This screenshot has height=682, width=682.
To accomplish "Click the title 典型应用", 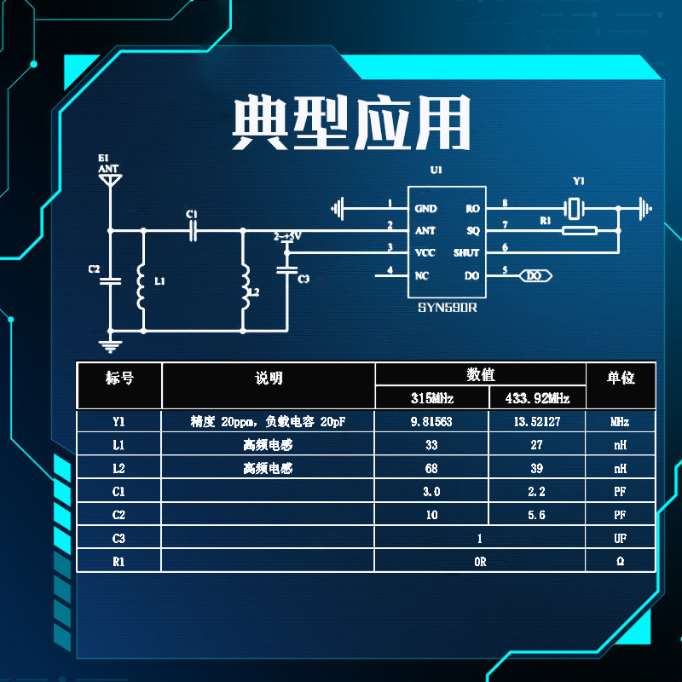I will coord(351,125).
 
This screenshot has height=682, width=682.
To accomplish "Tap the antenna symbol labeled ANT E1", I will coord(109,180).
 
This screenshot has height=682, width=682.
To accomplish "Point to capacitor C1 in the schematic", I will coord(193,229).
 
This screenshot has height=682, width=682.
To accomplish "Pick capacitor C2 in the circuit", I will coord(109,280).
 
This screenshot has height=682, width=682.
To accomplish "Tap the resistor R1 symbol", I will coord(579,229).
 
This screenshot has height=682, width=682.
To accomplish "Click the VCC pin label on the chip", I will coord(425,253).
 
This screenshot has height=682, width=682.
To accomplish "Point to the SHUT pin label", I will coord(466,253).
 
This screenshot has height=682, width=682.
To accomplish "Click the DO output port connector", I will coord(535,275).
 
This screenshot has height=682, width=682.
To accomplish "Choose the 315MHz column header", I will coord(432,398).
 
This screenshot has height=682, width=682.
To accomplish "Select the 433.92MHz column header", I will coord(537,398).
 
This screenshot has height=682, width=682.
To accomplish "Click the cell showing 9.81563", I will coord(432,422).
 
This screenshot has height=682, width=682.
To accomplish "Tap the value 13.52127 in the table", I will coord(537,422).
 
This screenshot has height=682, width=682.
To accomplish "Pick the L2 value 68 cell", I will coord(432,468).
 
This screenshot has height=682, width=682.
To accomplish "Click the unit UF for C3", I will coord(620,539).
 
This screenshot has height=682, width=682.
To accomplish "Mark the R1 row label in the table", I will coord(118,562).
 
